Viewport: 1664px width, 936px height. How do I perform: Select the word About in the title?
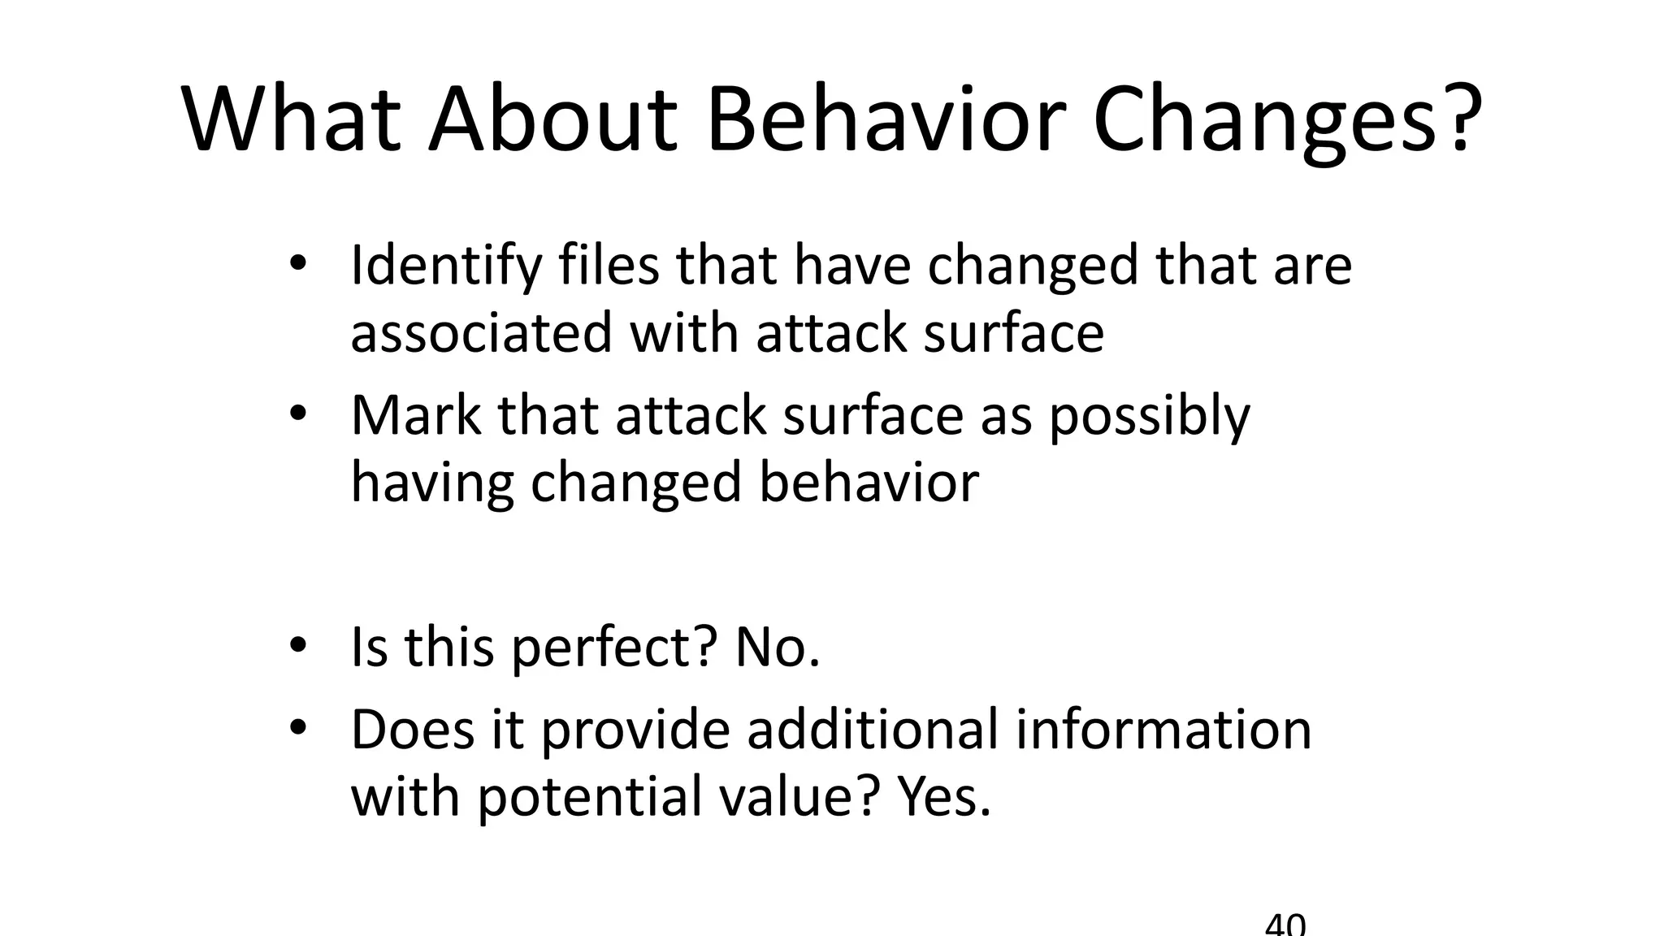pyautogui.click(x=552, y=120)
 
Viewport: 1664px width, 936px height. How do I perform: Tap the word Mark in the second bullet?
pyautogui.click(x=415, y=415)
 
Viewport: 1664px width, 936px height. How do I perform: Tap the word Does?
pyautogui.click(x=412, y=729)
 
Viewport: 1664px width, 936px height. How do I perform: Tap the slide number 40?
pyautogui.click(x=1285, y=925)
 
